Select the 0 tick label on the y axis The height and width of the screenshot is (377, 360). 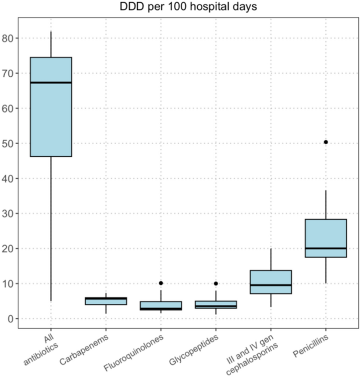coord(10,319)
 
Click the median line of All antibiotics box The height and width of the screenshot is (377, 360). coord(51,83)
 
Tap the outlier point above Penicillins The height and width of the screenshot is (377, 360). coord(326,142)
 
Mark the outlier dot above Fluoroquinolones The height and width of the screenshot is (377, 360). coord(161,283)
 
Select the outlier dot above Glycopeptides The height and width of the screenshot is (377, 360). coord(216,283)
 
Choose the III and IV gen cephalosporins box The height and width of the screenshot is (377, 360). coord(271,282)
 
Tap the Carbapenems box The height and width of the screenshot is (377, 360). coord(106,301)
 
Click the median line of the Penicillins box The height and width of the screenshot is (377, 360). coord(326,248)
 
